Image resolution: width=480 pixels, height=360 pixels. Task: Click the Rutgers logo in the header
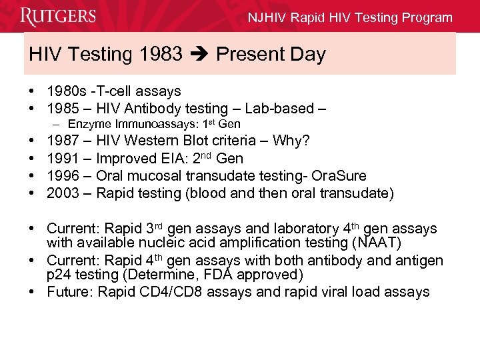(x=58, y=16)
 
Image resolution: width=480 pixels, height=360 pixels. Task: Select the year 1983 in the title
(x=161, y=54)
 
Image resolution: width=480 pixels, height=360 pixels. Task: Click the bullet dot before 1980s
(x=33, y=91)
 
